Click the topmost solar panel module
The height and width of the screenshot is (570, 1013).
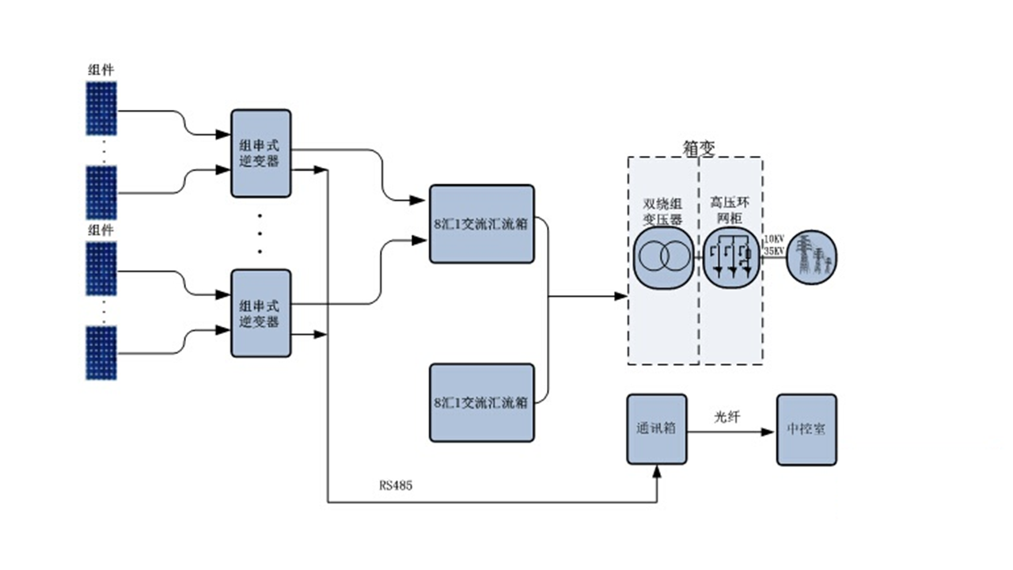coord(102,109)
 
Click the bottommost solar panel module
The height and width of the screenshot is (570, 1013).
coord(102,353)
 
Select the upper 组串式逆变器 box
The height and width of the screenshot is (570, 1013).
coord(260,154)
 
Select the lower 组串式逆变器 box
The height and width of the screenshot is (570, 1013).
coord(260,313)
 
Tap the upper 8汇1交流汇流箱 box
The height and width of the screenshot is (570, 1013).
coord(481,224)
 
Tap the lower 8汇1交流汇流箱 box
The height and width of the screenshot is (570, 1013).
coord(481,402)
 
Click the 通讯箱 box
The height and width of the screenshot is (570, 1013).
coord(657,429)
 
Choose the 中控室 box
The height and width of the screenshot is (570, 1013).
coord(806,429)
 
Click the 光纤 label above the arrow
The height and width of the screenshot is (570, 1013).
coord(727,416)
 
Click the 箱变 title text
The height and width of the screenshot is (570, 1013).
coord(698,148)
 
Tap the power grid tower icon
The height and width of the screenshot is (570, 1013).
coord(811,255)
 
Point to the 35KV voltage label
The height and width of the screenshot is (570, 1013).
coord(773,251)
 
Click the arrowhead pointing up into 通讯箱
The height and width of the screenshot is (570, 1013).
coord(657,472)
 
